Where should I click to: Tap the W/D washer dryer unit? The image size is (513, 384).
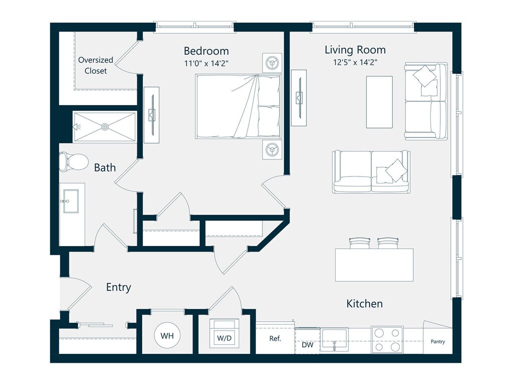[224, 333]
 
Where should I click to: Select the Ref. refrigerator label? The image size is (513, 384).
[275, 338]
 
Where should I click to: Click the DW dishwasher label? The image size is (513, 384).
[307, 345]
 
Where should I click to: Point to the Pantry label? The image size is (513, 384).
[437, 342]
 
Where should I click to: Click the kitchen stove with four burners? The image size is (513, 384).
[387, 339]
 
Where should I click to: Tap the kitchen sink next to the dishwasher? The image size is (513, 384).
[335, 339]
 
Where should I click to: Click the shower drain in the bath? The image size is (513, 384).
[105, 127]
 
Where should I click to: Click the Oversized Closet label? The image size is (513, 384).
[96, 65]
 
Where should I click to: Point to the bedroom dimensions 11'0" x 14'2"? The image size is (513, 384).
[206, 63]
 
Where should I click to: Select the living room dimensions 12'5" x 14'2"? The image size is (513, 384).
[355, 62]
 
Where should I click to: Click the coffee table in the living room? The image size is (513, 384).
[379, 102]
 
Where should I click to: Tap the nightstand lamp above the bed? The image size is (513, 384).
[272, 62]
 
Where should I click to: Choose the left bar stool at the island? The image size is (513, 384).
[358, 243]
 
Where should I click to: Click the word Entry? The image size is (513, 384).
[119, 287]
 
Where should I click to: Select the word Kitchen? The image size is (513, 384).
[365, 303]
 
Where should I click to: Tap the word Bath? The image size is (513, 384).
[105, 167]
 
